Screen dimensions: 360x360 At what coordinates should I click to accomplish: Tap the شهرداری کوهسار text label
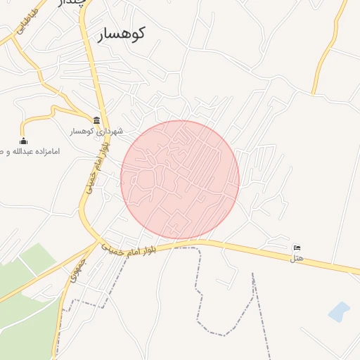(x=96, y=131)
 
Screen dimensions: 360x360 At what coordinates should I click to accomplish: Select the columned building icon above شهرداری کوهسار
(x=96, y=120)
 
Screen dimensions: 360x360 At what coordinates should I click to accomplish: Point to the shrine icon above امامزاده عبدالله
(x=23, y=140)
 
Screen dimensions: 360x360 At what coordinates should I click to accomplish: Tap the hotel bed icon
(x=297, y=247)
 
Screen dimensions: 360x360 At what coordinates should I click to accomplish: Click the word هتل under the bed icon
(x=297, y=258)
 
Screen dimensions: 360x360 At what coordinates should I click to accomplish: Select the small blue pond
(x=339, y=311)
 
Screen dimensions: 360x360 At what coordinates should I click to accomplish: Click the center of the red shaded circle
(x=180, y=180)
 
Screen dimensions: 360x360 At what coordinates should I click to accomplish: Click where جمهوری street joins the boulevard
(x=97, y=243)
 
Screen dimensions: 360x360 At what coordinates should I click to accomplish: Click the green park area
(x=28, y=309)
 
